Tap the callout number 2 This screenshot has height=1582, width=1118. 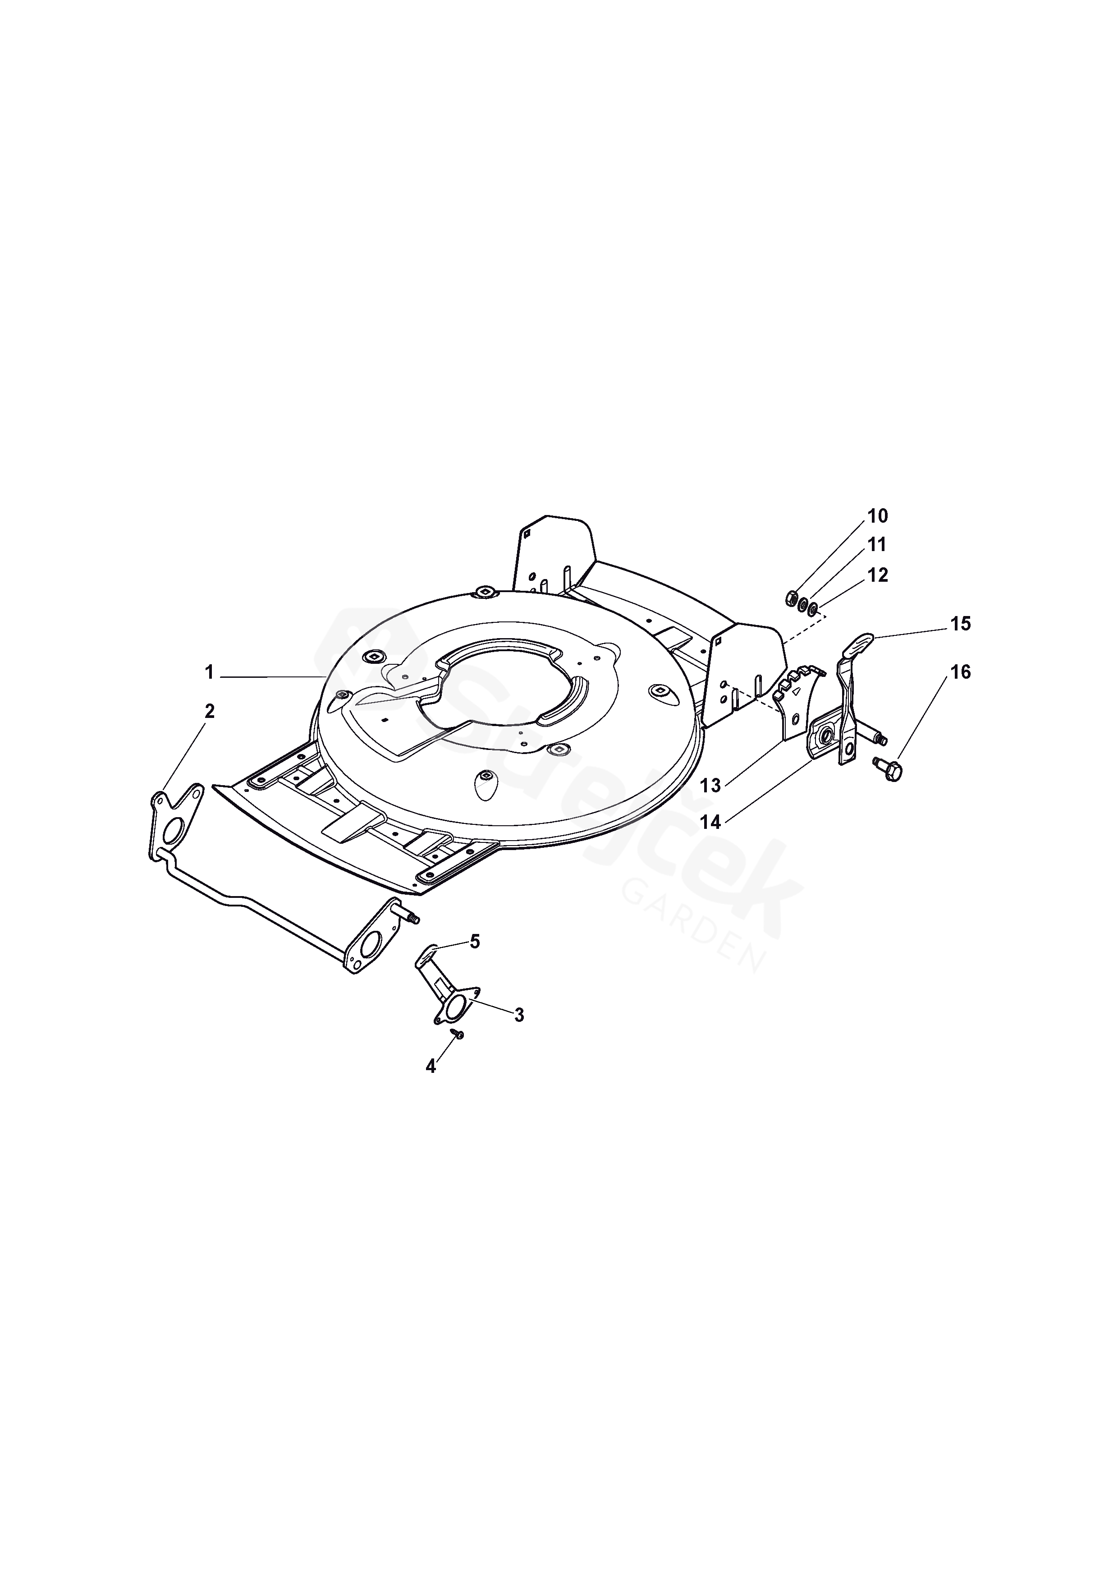pos(210,711)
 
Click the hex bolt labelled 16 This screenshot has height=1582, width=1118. pos(891,770)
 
